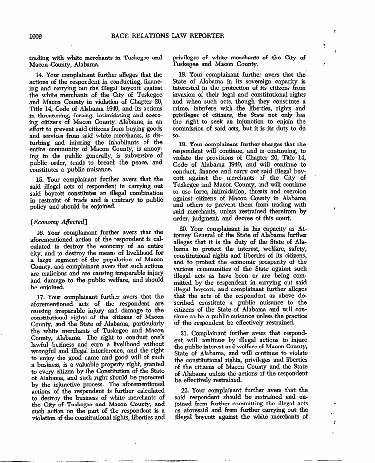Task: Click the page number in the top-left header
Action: [36, 35]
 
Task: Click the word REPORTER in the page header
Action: [205, 35]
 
